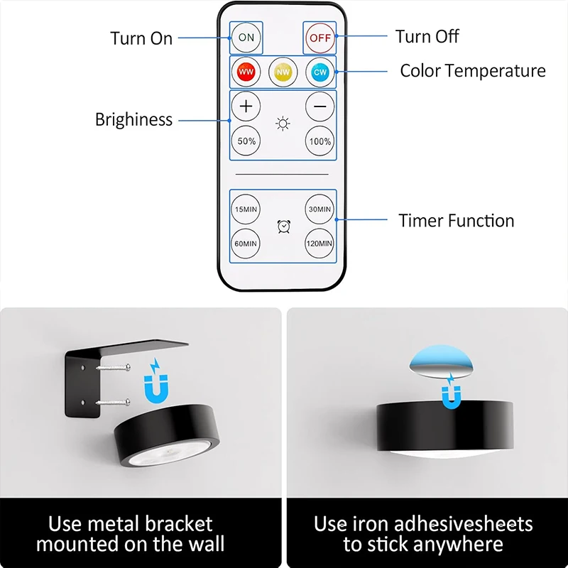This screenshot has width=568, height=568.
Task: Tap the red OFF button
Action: click(319, 37)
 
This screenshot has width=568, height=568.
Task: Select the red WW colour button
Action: click(246, 72)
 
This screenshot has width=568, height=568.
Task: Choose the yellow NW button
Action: click(283, 72)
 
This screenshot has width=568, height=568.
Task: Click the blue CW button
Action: click(319, 72)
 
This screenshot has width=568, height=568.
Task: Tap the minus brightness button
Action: click(319, 107)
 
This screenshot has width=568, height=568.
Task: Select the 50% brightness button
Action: click(246, 141)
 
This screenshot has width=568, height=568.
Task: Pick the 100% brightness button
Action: click(319, 141)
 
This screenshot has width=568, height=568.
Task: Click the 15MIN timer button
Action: click(246, 209)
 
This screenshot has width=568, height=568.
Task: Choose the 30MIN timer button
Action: click(319, 209)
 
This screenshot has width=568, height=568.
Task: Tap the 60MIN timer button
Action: click(246, 243)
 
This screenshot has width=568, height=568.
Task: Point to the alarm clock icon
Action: click(283, 226)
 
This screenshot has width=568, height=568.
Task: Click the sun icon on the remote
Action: click(283, 125)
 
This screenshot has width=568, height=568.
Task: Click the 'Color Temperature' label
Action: click(472, 71)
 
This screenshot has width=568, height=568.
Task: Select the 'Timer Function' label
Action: click(456, 221)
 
